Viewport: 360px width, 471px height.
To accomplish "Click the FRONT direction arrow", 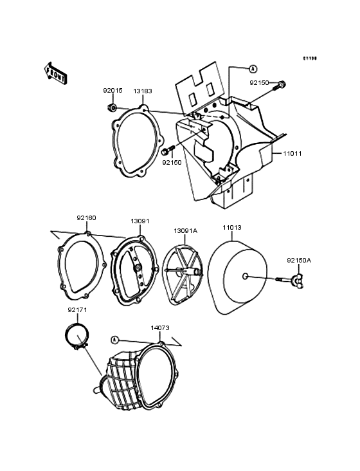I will point(57,71).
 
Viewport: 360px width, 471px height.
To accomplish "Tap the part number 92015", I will point(113,91).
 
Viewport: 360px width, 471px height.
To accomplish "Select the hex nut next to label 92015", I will point(113,107).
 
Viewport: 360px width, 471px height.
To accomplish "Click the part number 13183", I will point(143,91).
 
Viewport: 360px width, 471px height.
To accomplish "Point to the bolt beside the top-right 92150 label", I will point(281,84).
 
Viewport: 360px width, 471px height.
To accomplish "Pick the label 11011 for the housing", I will point(292,154).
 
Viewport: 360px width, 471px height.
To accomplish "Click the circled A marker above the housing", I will point(253,68).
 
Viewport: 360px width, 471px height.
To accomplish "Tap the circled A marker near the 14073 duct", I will point(114,339).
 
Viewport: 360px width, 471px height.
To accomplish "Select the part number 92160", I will point(86,217).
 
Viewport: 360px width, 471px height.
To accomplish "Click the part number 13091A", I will point(185,230).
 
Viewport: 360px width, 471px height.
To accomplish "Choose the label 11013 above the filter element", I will point(232,226).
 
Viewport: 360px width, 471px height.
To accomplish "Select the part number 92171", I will point(77,309).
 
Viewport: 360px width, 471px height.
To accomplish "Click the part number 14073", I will point(160,328).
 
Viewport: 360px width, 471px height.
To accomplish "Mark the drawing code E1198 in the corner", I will point(310,58).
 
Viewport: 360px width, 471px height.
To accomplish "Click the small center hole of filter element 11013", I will point(245,277).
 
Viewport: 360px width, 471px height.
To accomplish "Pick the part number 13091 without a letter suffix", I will point(140,221).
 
